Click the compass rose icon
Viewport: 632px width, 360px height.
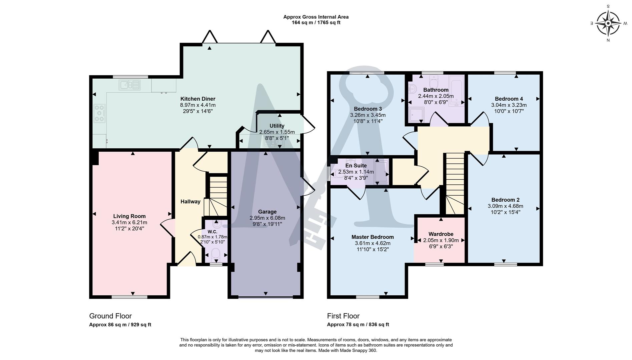(608, 23)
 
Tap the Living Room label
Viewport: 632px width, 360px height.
(129, 216)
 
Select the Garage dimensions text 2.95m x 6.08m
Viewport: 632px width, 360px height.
(267, 218)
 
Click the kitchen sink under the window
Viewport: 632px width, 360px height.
(130, 85)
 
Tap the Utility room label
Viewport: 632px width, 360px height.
(277, 126)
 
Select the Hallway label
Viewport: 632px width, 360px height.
(190, 202)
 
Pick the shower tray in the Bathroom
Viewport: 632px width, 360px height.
(416, 115)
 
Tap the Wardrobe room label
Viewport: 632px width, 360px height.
(441, 234)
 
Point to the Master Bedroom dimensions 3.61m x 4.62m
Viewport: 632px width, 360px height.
(373, 243)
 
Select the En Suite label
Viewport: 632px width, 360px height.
(356, 166)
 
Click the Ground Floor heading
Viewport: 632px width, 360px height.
(110, 316)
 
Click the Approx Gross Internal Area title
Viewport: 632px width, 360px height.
(315, 17)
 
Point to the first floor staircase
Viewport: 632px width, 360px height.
(455, 183)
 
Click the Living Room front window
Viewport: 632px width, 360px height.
(129, 297)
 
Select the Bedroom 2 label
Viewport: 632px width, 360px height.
(505, 200)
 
